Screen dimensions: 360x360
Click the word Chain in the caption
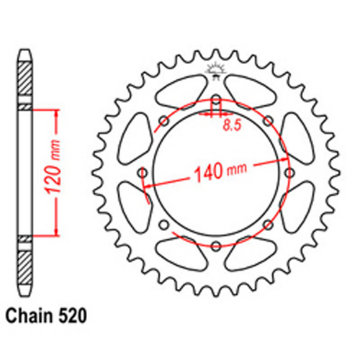click(31, 315)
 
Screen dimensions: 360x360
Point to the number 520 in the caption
click(74, 315)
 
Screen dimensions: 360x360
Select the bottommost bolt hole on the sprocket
click(215, 246)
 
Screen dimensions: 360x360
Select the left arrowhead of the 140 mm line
click(148, 185)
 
